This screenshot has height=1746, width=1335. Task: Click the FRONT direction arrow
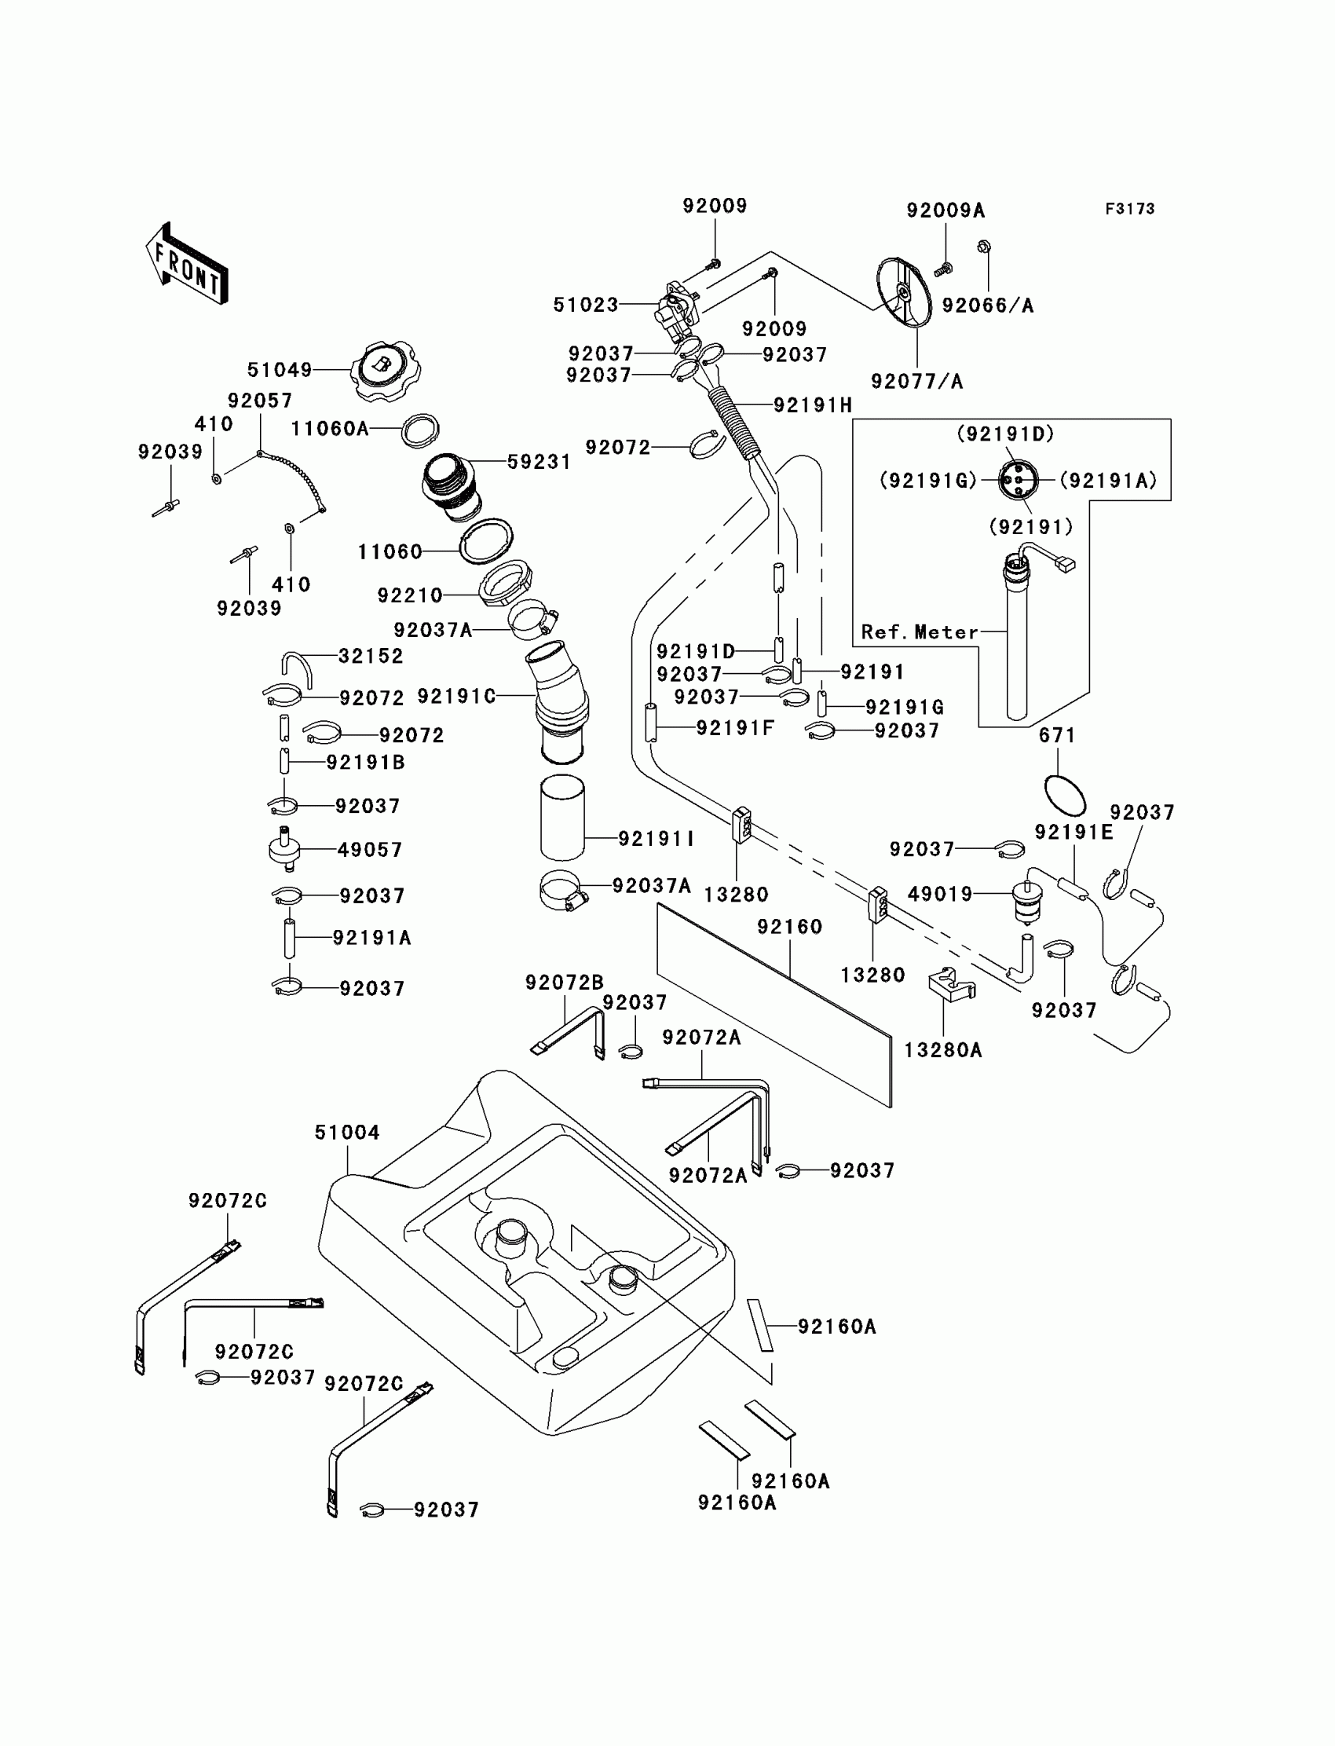pyautogui.click(x=188, y=265)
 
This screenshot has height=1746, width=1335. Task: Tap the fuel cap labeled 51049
pyautogui.click(x=386, y=370)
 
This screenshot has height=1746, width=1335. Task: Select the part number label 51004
pyautogui.click(x=347, y=1133)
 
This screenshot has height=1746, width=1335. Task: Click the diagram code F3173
pyautogui.click(x=1129, y=209)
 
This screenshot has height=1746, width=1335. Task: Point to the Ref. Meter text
pyautogui.click(x=920, y=631)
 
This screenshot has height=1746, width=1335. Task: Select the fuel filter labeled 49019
pyautogui.click(x=1027, y=899)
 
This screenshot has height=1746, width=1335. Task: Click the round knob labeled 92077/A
pyautogui.click(x=905, y=291)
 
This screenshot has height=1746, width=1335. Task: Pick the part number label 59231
pyautogui.click(x=539, y=462)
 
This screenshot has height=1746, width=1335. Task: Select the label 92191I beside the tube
pyautogui.click(x=657, y=838)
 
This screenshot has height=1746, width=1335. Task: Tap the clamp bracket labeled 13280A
pyautogui.click(x=951, y=985)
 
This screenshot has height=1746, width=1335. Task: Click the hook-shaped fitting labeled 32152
pyautogui.click(x=297, y=668)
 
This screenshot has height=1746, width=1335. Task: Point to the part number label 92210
pyautogui.click(x=409, y=595)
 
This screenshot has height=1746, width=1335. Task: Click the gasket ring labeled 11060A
pyautogui.click(x=420, y=430)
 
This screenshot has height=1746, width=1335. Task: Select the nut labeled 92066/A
pyautogui.click(x=984, y=247)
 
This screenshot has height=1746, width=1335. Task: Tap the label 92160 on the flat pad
pyautogui.click(x=789, y=927)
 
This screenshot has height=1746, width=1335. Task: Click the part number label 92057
pyautogui.click(x=260, y=401)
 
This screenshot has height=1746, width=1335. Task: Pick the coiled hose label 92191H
pyautogui.click(x=812, y=405)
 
